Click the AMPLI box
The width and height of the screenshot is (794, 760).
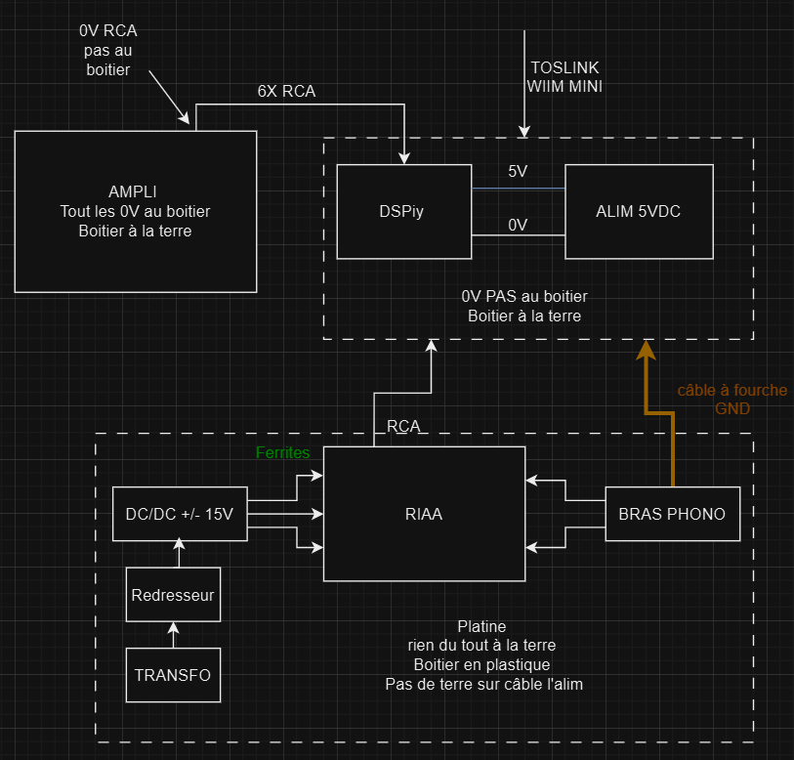[x=135, y=210]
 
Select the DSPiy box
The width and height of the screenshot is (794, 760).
[x=403, y=211]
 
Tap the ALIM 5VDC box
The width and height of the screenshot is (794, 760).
[x=638, y=211]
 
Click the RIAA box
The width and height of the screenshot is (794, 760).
[x=425, y=514]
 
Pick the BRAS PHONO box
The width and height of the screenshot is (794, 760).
[x=672, y=514]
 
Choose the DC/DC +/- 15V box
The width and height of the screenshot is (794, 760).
[x=180, y=514]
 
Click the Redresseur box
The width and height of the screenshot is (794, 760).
[x=173, y=595]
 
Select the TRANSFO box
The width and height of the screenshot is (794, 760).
[x=173, y=674]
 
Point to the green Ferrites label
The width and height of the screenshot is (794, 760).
[x=282, y=453]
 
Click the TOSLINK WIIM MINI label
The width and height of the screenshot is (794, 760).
[x=564, y=77]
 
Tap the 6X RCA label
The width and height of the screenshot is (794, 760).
[x=286, y=91]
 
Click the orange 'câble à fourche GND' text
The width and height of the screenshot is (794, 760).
[x=731, y=400]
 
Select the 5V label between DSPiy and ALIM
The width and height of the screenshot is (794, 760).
[x=518, y=172]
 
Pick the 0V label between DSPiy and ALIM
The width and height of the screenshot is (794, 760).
[x=518, y=225]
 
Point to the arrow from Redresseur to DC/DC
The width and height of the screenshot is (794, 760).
[x=178, y=554]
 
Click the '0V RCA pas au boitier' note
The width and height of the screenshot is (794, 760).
[x=107, y=50]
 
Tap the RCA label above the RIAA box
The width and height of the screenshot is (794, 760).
[x=404, y=426]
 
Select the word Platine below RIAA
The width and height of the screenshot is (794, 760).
[x=482, y=626]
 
